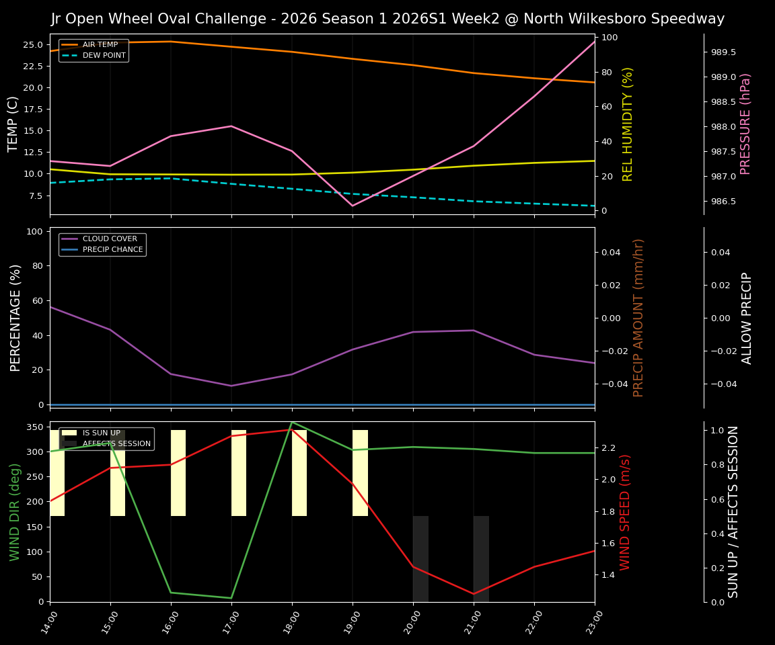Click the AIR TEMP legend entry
point(100,45)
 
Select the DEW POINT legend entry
point(104,56)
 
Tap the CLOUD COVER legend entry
point(110,239)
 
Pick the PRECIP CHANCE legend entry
point(112,250)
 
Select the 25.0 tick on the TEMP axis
point(34,45)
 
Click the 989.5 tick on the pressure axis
point(723,52)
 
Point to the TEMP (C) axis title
point(13,124)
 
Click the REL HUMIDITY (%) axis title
point(628,124)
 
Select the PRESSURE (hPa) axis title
point(745,124)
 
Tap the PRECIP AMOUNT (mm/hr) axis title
point(639,317)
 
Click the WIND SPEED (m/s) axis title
point(626,512)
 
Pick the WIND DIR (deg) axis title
point(15,512)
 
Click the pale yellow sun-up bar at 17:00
point(239,473)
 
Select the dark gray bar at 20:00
point(420,559)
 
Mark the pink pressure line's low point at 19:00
point(353,206)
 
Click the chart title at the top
point(387,19)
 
